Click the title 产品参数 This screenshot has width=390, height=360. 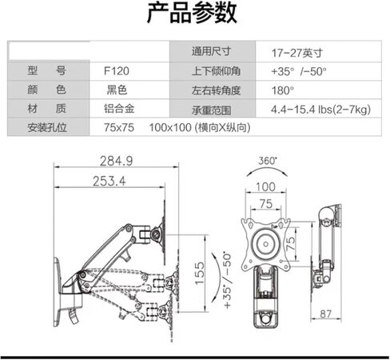[192, 13]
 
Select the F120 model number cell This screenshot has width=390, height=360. [117, 71]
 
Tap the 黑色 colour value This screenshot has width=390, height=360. [117, 90]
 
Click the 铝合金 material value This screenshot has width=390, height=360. [119, 109]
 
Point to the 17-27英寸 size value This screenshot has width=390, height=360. [297, 53]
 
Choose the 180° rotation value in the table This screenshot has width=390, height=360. [283, 90]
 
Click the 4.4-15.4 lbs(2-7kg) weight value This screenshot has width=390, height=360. [320, 110]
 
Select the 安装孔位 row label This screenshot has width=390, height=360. [47, 127]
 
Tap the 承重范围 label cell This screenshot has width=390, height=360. [211, 110]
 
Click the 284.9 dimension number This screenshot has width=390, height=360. [117, 161]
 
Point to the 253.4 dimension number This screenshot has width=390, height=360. [109, 181]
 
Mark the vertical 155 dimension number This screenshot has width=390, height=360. [200, 274]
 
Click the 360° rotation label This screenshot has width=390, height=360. [268, 161]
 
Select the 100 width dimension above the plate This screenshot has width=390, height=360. [265, 186]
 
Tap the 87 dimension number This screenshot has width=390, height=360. [325, 314]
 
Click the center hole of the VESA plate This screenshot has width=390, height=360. [265, 244]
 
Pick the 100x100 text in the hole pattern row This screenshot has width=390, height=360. [170, 127]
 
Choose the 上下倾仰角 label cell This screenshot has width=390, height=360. [216, 71]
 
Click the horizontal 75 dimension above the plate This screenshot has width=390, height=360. [266, 204]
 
